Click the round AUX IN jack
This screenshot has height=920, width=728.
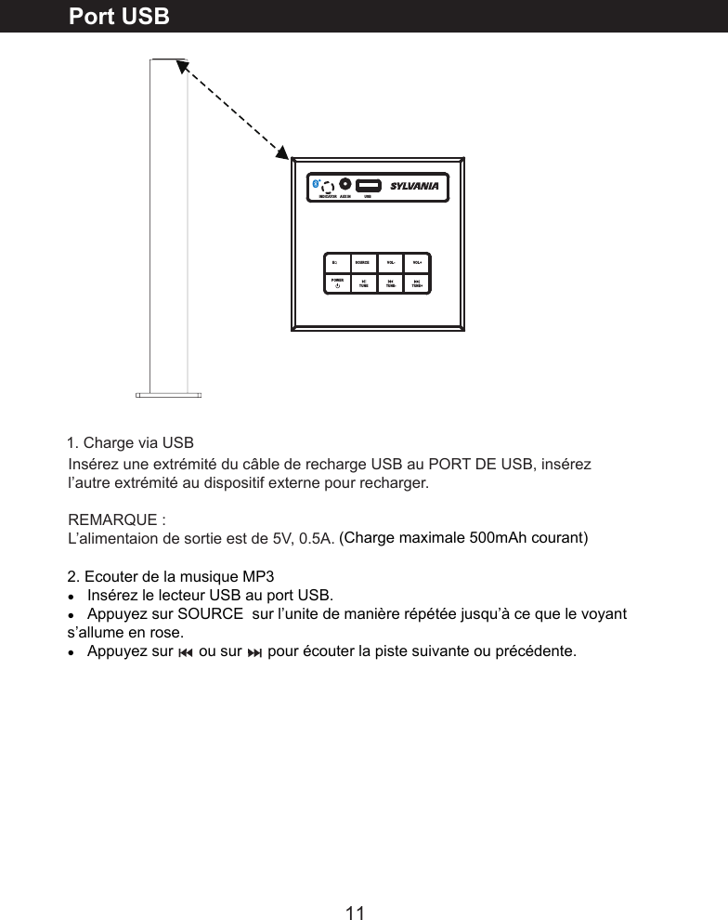[x=344, y=184]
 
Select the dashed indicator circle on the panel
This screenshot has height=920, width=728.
[x=328, y=186]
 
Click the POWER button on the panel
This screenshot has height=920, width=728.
[x=337, y=282]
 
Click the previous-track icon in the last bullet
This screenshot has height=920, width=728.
[x=186, y=651]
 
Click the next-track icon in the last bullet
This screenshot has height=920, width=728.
[x=253, y=651]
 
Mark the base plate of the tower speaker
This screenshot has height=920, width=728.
[x=168, y=394]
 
